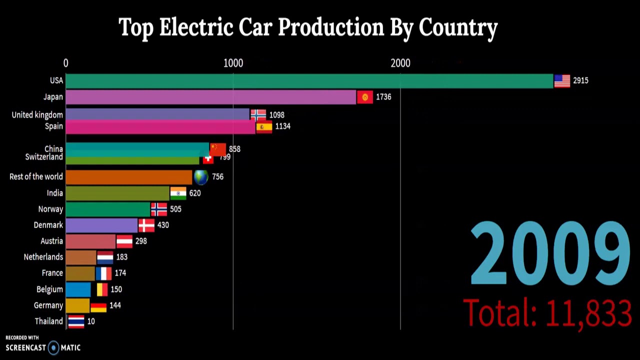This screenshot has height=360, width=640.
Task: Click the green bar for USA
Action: tap(309, 80)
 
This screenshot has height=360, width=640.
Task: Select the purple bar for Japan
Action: tap(210, 97)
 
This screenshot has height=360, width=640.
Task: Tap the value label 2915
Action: tap(580, 80)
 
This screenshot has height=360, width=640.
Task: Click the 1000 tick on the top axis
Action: tap(233, 63)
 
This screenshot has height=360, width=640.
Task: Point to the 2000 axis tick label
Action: tap(400, 63)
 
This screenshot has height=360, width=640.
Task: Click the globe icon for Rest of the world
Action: tap(201, 177)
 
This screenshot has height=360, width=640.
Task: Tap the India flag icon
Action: tap(178, 193)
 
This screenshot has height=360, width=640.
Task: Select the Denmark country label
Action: tap(48, 225)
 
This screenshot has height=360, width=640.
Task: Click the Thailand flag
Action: tap(76, 321)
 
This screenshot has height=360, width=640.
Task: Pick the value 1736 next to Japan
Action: tap(383, 97)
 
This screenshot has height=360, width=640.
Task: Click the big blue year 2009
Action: tap(550, 254)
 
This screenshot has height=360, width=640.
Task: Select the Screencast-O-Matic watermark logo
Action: tap(43, 347)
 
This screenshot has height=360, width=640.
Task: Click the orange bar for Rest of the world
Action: tap(128, 177)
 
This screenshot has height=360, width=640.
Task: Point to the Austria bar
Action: tap(90, 241)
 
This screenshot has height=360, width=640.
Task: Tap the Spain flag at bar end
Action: tap(264, 127)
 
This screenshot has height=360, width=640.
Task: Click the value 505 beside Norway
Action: tap(175, 209)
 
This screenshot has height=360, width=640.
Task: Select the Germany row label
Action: tap(48, 305)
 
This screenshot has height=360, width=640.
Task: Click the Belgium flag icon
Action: tap(102, 289)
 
